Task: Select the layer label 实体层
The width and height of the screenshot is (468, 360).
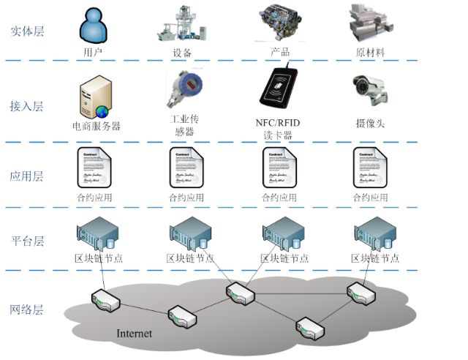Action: tap(27, 31)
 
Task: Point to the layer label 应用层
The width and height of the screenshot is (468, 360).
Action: tap(27, 176)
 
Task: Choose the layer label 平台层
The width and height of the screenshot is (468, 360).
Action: tap(27, 241)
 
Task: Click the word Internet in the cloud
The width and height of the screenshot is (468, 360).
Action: tap(135, 334)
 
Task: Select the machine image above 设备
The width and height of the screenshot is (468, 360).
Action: tap(181, 23)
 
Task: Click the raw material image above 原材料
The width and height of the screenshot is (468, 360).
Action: tap(371, 23)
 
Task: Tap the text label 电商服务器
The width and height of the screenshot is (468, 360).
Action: tap(97, 126)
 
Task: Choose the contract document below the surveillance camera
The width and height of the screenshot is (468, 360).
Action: tap(369, 168)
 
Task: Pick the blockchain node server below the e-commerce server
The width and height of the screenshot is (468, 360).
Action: tap(96, 233)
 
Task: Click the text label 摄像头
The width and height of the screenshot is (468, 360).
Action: tap(369, 123)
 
